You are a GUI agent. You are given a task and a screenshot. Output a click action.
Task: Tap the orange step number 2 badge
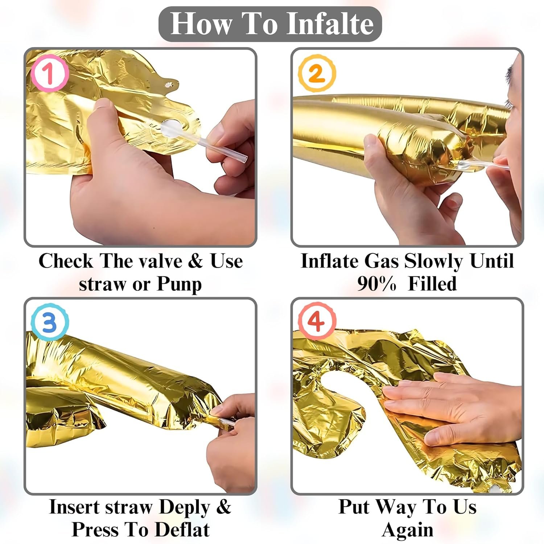click(x=317, y=73)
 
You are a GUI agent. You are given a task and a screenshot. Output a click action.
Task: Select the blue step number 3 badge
click(x=50, y=322)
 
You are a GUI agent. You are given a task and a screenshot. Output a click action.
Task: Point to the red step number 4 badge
click(x=317, y=321)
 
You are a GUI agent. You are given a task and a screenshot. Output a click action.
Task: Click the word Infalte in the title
click(x=333, y=24)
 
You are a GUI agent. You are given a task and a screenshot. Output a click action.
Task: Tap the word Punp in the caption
click(x=179, y=285)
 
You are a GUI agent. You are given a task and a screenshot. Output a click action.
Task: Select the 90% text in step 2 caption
click(x=377, y=284)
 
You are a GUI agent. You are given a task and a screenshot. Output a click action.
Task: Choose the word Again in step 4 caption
click(x=408, y=531)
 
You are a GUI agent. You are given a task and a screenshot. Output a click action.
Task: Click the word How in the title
click(x=202, y=24)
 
